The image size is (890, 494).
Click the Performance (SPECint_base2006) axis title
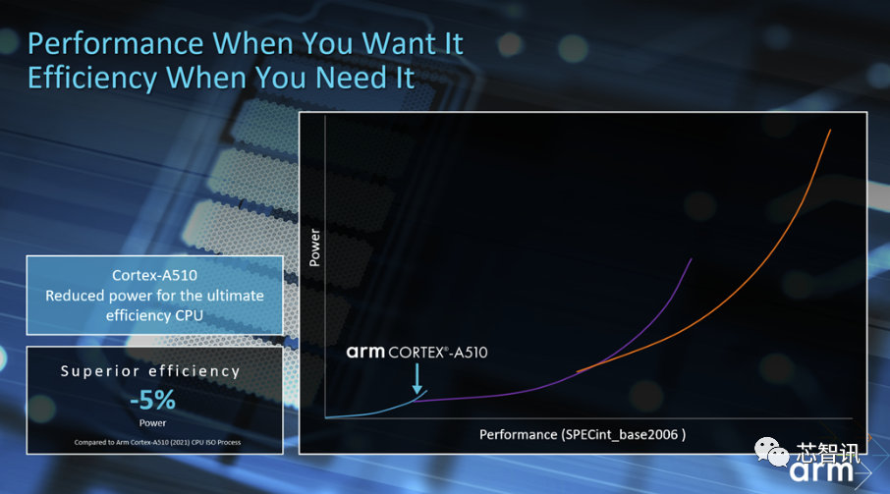pyautogui.click(x=583, y=433)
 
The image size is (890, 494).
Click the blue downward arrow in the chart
pyautogui.click(x=418, y=377)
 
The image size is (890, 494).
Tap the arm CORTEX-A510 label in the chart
pyautogui.click(x=417, y=352)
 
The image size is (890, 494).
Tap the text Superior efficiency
pyautogui.click(x=150, y=371)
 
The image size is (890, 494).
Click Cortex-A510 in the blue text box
pyautogui.click(x=154, y=276)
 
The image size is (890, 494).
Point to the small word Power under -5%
pyautogui.click(x=153, y=424)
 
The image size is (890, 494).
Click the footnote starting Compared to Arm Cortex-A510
pyautogui.click(x=153, y=442)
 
